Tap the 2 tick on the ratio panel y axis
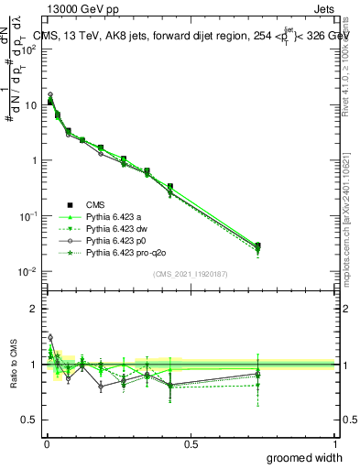coord(34,309)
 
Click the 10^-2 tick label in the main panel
coord(26,271)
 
